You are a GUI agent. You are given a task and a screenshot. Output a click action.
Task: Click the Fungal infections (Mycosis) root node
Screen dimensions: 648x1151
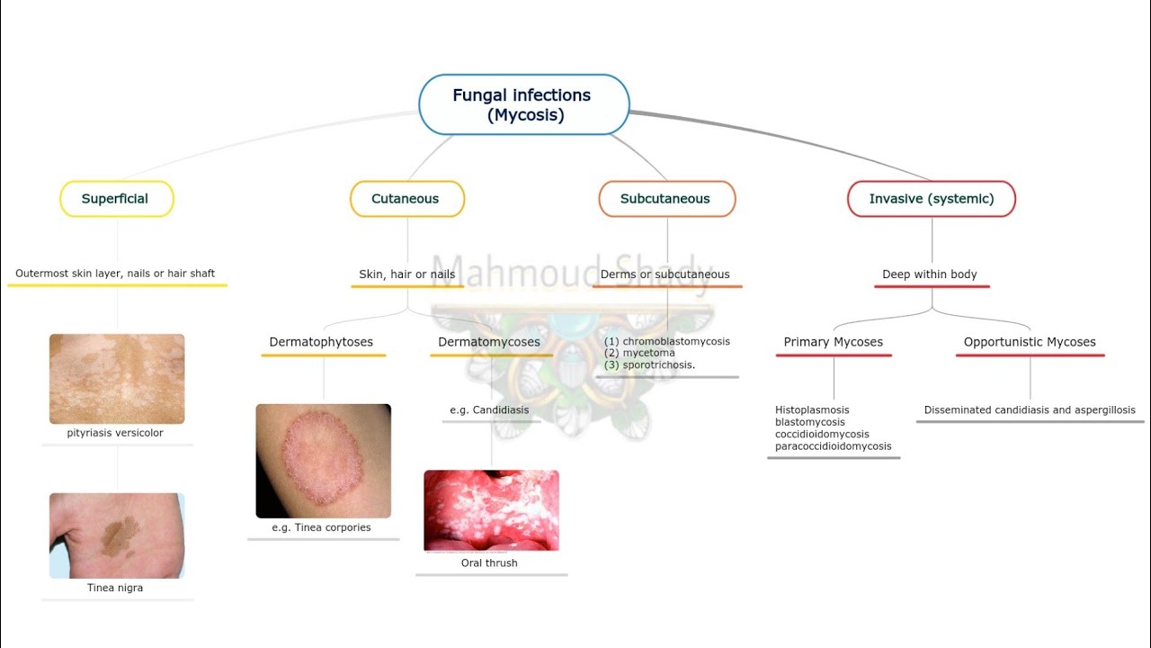[524, 105]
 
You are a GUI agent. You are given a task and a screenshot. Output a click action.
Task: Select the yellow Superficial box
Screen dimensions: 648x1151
[116, 199]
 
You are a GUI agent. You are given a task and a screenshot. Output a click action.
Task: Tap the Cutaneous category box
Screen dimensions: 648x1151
[406, 199]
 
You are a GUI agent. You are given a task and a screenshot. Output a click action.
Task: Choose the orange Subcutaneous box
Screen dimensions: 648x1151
[666, 199]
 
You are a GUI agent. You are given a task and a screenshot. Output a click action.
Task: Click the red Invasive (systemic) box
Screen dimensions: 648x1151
[932, 199]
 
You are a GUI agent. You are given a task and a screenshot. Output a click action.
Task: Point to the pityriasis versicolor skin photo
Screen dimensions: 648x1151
[117, 379]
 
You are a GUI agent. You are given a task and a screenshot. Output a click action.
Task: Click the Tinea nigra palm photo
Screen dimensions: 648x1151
[117, 535]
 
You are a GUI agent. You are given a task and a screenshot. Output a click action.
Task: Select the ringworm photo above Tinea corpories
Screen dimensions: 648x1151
[323, 461]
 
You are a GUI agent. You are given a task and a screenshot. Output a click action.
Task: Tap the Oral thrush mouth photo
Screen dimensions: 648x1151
[491, 510]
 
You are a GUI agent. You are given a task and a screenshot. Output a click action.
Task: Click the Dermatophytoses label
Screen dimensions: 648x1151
[321, 342]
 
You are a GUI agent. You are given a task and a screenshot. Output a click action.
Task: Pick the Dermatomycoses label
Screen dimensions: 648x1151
[489, 342]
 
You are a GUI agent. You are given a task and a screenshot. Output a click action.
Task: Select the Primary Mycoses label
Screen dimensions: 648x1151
[834, 342]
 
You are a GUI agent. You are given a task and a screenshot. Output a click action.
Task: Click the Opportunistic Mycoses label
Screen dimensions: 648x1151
[1030, 342]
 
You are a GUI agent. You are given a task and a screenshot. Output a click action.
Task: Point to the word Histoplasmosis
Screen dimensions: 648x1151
[812, 410]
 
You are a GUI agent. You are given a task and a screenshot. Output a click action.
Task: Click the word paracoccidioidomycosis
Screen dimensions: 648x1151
[834, 446]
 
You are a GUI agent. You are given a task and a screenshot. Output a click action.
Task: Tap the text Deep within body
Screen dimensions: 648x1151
[930, 274]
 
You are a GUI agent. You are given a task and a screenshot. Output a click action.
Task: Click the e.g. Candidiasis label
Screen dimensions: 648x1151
[489, 410]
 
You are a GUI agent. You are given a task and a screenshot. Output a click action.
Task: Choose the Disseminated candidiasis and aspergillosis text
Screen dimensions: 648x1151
[1030, 410]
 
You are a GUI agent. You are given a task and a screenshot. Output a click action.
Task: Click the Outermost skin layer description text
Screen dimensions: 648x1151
[115, 274]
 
